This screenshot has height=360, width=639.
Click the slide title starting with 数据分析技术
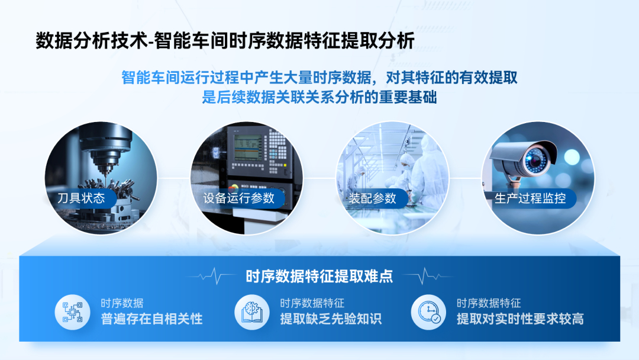click(x=225, y=41)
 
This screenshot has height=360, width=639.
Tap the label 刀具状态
click(x=81, y=198)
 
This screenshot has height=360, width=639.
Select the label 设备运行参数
click(x=239, y=198)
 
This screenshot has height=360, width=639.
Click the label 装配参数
click(x=372, y=198)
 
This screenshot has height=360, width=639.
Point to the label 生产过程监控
click(x=530, y=198)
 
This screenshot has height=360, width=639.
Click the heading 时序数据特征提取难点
click(x=319, y=277)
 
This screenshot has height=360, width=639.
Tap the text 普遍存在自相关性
click(x=151, y=319)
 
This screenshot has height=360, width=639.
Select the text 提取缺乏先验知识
click(x=331, y=319)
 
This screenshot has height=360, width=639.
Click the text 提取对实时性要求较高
click(x=520, y=319)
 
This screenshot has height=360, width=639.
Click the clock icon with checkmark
click(x=428, y=312)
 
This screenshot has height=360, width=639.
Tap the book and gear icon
click(x=252, y=312)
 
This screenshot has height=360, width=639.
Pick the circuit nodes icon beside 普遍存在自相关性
click(x=73, y=312)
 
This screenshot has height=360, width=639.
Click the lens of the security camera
click(x=535, y=160)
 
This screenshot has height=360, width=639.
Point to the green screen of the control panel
click(x=247, y=147)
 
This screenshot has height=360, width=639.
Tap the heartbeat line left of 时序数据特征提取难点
click(x=211, y=276)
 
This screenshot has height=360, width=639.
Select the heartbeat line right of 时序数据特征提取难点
click(x=428, y=276)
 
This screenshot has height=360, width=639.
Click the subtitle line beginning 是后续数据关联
click(x=319, y=97)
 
